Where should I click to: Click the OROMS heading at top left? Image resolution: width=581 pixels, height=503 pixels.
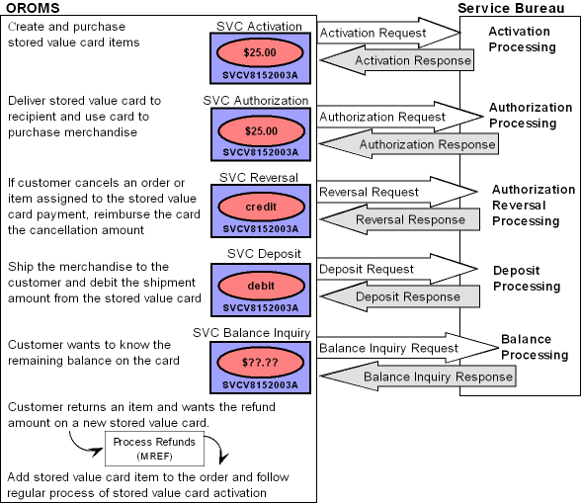pos(33,8)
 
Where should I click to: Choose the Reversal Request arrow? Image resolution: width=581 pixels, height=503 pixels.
pos(375,192)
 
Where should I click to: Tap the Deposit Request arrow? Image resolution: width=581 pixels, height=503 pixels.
pos(375,268)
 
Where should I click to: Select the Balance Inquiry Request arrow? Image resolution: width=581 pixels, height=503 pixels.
pos(395,348)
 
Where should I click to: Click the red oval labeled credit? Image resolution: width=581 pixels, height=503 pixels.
pos(261,208)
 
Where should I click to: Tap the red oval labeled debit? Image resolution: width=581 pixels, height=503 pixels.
pos(261,285)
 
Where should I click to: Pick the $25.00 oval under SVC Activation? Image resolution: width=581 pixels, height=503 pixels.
pos(261,49)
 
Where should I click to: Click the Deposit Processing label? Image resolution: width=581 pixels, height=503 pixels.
pos(527,278)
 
